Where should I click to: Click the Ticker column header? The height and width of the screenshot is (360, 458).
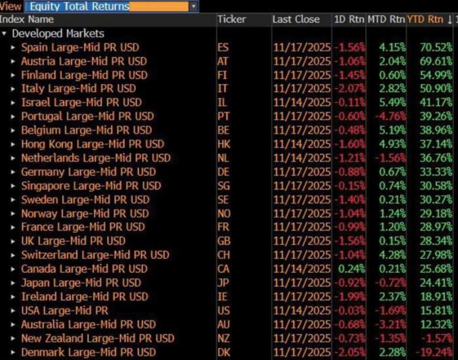pos(232,19)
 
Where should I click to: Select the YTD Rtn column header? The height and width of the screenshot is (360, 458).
pos(425,19)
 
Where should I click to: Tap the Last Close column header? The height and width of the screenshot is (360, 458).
pos(296,19)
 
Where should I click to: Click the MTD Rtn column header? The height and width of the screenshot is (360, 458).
pos(386,19)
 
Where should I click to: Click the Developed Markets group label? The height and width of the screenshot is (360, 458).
pos(58,33)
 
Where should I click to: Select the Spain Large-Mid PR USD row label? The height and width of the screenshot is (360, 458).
pos(80,47)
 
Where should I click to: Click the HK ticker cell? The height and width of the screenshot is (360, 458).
pos(223,144)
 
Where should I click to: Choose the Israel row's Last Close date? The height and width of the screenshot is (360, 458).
pos(301,102)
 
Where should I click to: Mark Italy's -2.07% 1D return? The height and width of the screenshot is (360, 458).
pos(350,88)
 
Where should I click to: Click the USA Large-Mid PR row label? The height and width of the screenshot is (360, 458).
pos(64,311)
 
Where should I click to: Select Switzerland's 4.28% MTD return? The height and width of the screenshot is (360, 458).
pos(392,255)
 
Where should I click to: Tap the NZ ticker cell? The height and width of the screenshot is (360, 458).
pos(223,338)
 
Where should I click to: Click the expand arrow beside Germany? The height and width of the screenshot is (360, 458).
pos(13,172)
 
